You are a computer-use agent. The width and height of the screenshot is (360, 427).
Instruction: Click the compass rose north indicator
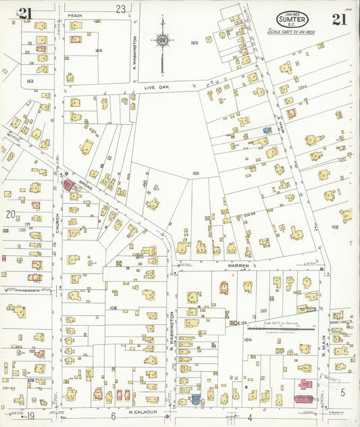pos(162,41)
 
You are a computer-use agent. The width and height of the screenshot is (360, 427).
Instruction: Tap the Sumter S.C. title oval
pos(292,20)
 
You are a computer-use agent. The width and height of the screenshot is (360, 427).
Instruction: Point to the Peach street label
pos(74,15)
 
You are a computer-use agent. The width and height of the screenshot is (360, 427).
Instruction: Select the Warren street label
pos(238,266)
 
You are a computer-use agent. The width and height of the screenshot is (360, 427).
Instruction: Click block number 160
pos(195,43)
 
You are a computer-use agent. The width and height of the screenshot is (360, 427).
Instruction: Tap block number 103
pos(195,174)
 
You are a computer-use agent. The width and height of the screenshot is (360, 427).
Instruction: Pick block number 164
pos(99,51)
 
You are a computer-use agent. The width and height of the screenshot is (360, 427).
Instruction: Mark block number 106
pos(113,307)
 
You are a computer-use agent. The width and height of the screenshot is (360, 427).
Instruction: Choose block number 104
pos(247,340)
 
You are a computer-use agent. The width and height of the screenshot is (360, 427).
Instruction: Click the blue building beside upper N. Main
pos(267,130)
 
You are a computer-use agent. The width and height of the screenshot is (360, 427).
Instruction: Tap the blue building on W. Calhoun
pos(196,399)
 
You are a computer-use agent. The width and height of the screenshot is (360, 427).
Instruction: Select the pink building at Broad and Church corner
pos(68,184)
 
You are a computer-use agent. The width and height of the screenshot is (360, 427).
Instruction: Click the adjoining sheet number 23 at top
pos(120,9)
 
